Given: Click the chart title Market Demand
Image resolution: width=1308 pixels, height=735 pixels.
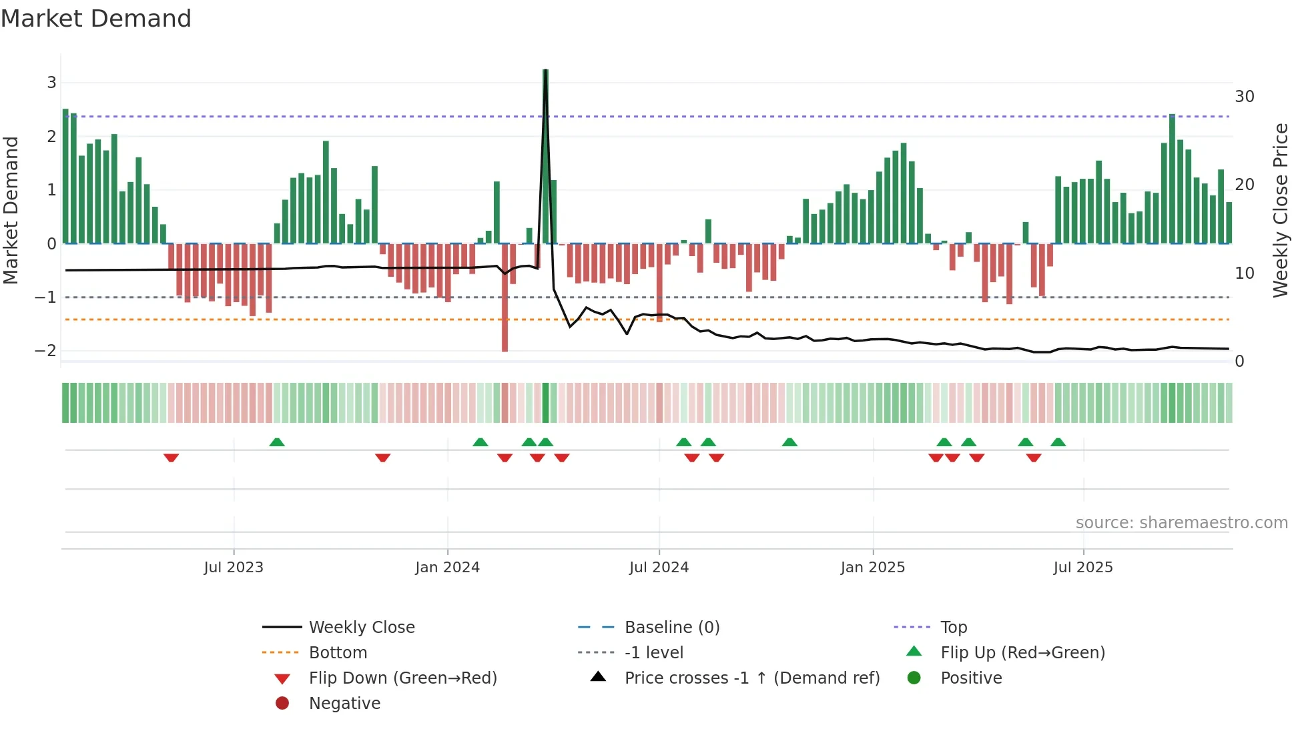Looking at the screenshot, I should [x=96, y=19].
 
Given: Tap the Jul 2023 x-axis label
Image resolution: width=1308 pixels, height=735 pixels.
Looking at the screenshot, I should [x=234, y=568].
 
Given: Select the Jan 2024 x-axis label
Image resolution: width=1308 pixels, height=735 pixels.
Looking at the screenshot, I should [x=447, y=568].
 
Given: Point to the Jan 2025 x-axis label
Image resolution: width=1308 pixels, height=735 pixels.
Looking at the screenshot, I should [x=872, y=568].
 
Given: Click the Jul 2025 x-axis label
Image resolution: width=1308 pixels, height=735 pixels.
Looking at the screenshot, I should [x=1083, y=568].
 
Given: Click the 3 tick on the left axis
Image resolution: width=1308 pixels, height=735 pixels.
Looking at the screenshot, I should [x=51, y=83].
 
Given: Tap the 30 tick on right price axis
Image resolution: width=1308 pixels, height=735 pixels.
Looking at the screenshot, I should [x=1245, y=97].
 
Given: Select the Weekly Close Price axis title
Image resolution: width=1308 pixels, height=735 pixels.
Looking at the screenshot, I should [x=1280, y=210].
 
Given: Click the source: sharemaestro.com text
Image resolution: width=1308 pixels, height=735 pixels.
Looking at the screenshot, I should [x=1181, y=523].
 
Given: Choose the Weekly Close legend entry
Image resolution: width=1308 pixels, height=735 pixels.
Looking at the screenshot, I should [x=361, y=628].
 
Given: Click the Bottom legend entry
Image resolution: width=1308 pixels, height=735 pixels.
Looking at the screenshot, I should [x=338, y=653].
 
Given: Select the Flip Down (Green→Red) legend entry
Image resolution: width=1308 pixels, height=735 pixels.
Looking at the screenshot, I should [x=402, y=678].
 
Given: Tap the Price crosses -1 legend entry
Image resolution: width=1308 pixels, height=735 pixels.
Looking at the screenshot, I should [x=751, y=678].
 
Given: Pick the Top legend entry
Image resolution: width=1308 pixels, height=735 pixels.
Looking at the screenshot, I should [x=953, y=628].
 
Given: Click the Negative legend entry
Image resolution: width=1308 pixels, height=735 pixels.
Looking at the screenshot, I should [x=344, y=704].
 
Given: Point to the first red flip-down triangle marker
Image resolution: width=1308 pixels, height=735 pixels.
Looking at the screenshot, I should [x=171, y=458].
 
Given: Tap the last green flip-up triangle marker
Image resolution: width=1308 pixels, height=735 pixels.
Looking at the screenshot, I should [x=1058, y=442].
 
